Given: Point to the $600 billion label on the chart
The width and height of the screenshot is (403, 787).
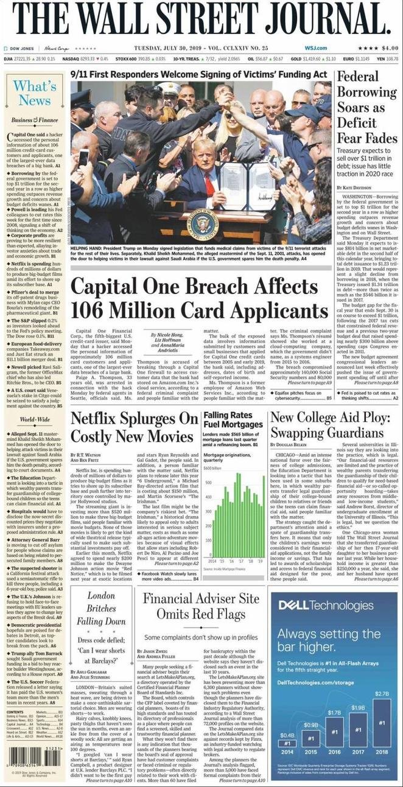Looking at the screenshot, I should click(211, 468).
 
